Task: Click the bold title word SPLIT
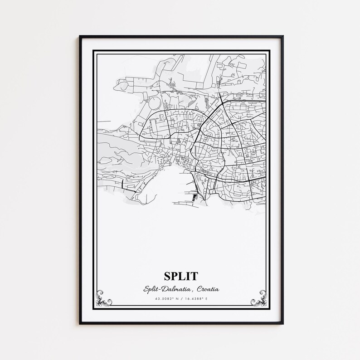[x=181, y=276]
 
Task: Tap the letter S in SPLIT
[x=168, y=276]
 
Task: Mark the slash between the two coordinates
[x=181, y=299]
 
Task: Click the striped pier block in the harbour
[x=195, y=197]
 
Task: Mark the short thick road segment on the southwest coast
[x=123, y=183]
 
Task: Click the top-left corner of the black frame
[x=80, y=36]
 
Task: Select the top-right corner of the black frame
[x=282, y=36]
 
